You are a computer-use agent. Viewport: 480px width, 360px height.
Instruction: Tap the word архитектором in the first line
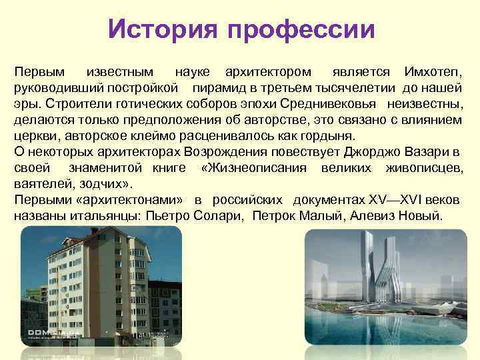click(x=267, y=71)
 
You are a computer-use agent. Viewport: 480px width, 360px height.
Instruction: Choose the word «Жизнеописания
click(x=253, y=168)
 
